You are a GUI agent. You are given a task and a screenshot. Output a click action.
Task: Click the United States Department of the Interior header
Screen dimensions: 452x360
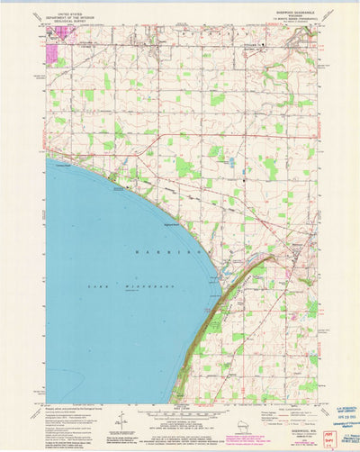tap(69, 15)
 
